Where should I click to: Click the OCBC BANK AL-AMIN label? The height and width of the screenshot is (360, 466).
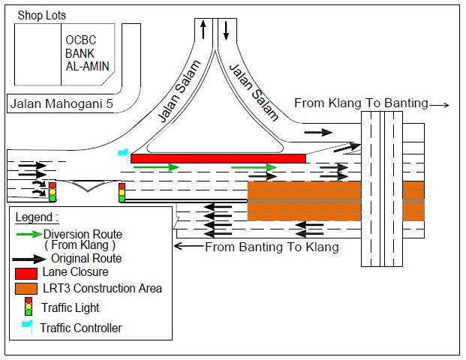(x=86, y=52)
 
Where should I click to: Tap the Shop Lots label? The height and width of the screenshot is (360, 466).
(x=43, y=15)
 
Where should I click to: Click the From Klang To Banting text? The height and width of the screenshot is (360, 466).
(x=361, y=103)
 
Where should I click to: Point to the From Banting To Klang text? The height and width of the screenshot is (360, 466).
(x=271, y=246)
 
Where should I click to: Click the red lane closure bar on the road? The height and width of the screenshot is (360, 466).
(x=218, y=158)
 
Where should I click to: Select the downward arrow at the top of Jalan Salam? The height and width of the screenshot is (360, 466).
(x=226, y=31)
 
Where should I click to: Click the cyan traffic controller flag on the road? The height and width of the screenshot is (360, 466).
(x=124, y=152)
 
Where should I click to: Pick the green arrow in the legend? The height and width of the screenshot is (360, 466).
(x=29, y=234)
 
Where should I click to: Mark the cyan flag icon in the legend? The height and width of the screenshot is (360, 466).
(x=29, y=326)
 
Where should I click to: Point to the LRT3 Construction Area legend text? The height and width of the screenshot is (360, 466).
(x=102, y=289)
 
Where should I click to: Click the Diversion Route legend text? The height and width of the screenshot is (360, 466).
(x=83, y=239)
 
